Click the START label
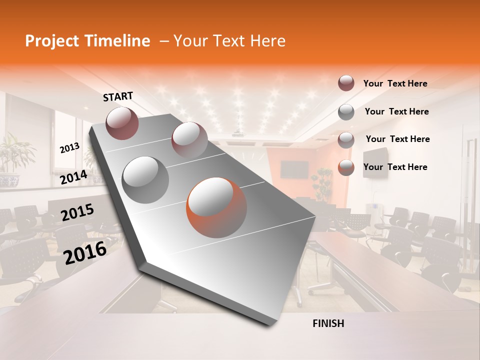point(118,96)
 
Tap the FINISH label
point(328,323)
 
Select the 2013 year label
point(69,148)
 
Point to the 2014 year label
point(73,177)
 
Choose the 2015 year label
point(77,212)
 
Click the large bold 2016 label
point(85,252)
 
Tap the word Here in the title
point(267,41)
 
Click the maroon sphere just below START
point(122,123)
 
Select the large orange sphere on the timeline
point(216,207)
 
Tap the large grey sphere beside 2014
point(145,179)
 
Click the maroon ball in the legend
point(346,83)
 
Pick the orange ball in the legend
point(346,167)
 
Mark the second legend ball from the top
point(346,112)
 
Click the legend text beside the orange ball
point(395,167)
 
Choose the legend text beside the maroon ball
point(395,83)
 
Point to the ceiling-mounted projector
point(238,133)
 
